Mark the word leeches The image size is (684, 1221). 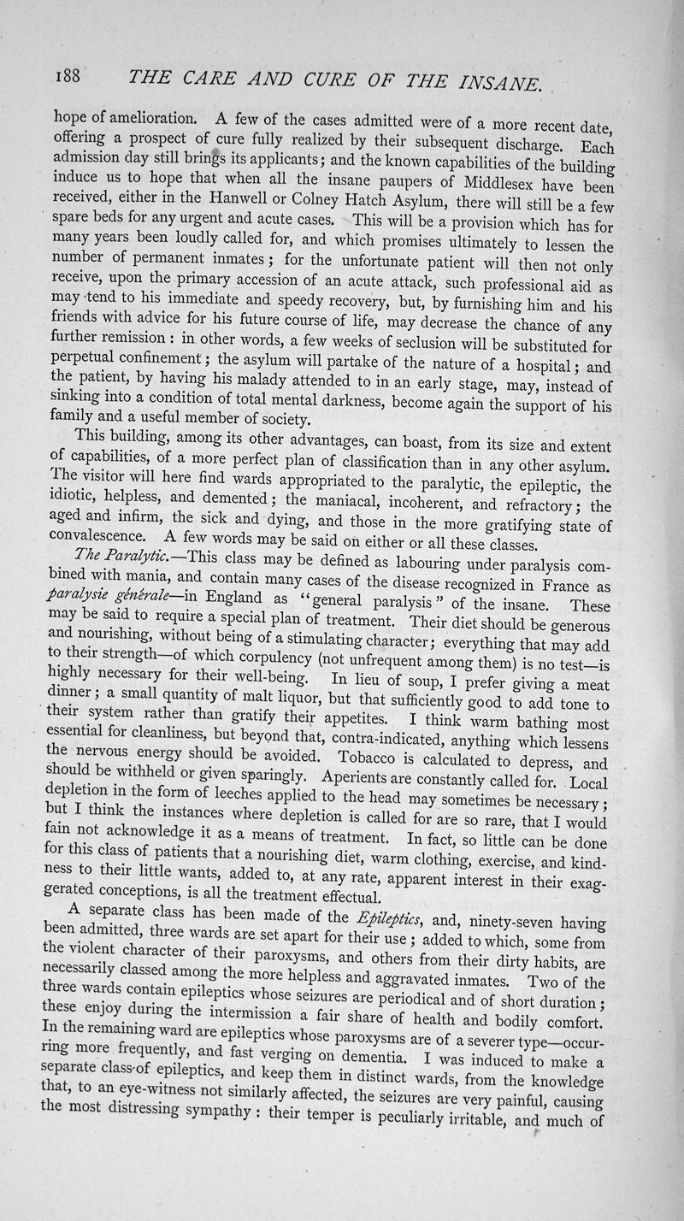click(234, 798)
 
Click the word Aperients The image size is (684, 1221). click(366, 778)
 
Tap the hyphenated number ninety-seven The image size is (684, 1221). click(507, 920)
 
